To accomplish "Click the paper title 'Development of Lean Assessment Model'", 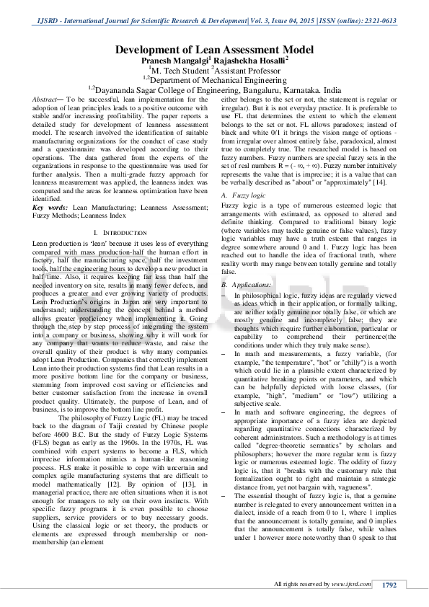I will tap(214, 50).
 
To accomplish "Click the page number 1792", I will tap(390, 585).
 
